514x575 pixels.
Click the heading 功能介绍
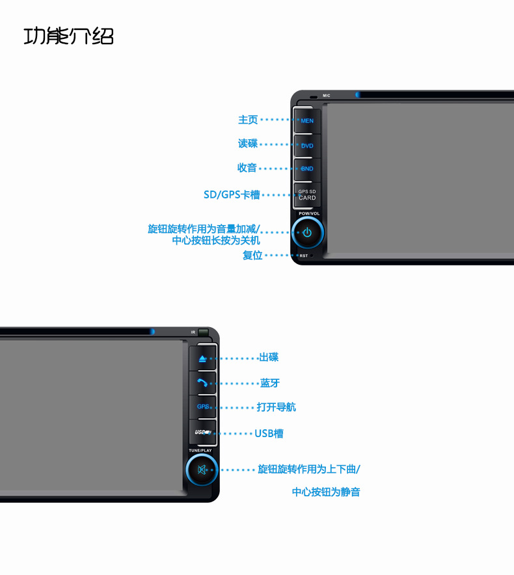point(68,36)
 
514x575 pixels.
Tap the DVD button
point(306,146)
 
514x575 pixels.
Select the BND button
point(306,169)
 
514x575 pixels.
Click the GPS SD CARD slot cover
point(306,194)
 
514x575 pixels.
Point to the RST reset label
point(304,256)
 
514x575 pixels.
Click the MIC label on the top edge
point(327,96)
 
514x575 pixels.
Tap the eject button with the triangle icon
point(202,358)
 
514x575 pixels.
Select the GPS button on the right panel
point(202,407)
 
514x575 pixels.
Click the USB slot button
point(202,433)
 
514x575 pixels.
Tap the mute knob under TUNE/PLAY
point(202,470)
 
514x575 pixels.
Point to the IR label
point(193,332)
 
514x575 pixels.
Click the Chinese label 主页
point(248,120)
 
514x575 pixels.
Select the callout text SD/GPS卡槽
point(232,194)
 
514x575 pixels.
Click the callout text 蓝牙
point(270,383)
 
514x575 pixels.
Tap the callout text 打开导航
point(276,407)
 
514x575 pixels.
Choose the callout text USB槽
point(269,433)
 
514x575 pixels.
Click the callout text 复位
point(252,256)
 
